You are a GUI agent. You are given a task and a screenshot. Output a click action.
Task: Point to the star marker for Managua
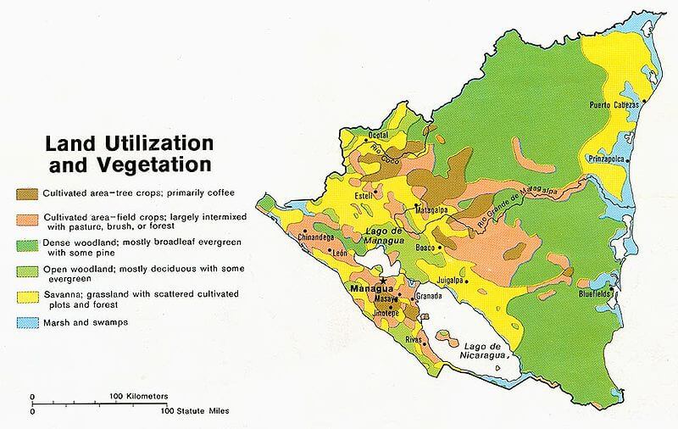coord(383,281)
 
